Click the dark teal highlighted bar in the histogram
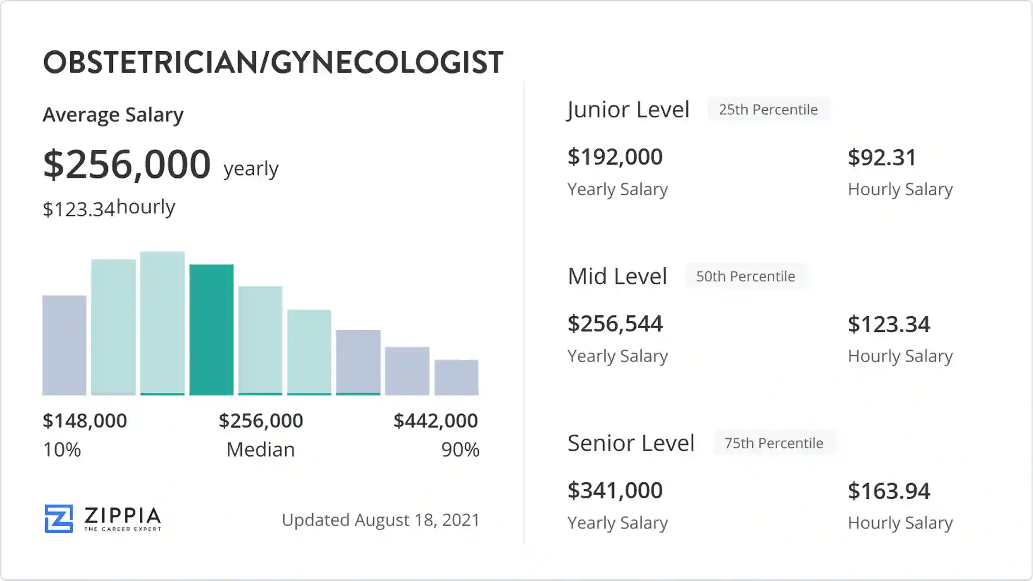[x=211, y=330]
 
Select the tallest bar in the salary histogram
[x=162, y=323]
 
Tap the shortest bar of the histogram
[x=456, y=377]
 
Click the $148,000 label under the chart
[x=85, y=420]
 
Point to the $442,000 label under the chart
[x=436, y=420]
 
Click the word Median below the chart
[x=260, y=450]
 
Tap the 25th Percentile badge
[x=768, y=110]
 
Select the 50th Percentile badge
[x=746, y=276]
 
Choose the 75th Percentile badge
[x=774, y=443]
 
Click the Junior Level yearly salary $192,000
[x=615, y=157]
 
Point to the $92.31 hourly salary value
[x=882, y=158]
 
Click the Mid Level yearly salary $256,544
[x=615, y=324]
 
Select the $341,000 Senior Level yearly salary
[x=615, y=490]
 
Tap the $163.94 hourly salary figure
[x=889, y=491]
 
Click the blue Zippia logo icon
[x=59, y=519]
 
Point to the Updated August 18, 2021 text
[x=380, y=520]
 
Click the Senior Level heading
[x=631, y=443]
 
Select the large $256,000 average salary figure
[x=127, y=164]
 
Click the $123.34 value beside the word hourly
[x=79, y=209]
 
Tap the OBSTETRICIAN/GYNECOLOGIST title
[x=273, y=62]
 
